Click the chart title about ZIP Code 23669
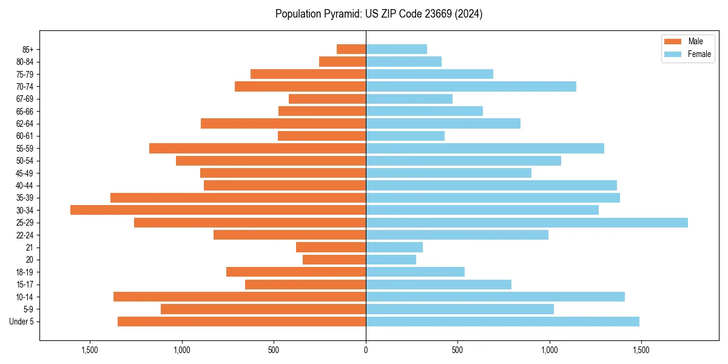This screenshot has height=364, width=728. [x=379, y=14]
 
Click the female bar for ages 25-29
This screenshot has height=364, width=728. [x=527, y=223]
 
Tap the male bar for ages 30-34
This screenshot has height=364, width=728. [x=218, y=210]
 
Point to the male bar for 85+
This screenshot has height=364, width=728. [x=351, y=49]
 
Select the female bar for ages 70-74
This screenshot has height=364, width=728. [x=471, y=86]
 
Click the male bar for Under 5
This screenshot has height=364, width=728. [x=241, y=322]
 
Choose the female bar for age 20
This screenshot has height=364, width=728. [x=391, y=260]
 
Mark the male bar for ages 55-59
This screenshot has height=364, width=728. [x=257, y=148]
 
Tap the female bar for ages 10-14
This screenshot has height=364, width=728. [x=495, y=297]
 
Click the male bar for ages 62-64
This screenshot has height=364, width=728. [x=283, y=123]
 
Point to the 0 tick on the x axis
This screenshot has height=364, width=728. [x=366, y=350]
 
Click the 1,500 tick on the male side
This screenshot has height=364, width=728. [x=90, y=350]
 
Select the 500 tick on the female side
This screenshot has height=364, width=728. [x=457, y=350]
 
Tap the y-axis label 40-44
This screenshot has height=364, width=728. [x=25, y=186]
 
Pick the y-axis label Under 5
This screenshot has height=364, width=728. [x=22, y=322]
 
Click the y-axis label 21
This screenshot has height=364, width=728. [x=30, y=248]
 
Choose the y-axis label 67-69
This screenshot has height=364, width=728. [x=25, y=99]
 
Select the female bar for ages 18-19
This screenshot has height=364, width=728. [x=415, y=272]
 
